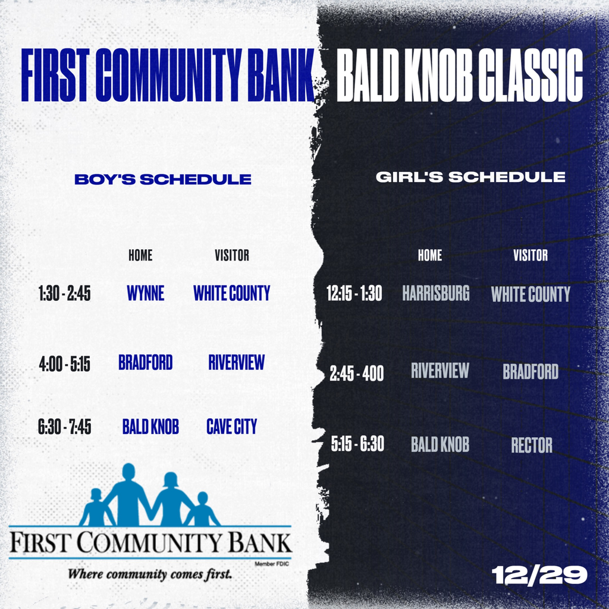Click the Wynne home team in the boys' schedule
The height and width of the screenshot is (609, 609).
(145, 293)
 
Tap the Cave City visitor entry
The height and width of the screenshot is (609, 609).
(231, 426)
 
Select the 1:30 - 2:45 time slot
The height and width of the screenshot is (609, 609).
(64, 293)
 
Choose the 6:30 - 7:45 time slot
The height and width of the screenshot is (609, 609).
(64, 427)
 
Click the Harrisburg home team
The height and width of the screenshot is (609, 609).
(435, 293)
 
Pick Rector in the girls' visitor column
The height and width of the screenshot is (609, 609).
(532, 445)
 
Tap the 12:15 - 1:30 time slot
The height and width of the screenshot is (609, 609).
(354, 293)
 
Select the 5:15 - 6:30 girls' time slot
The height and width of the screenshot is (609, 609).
(357, 444)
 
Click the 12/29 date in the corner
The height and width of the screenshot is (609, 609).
(539, 575)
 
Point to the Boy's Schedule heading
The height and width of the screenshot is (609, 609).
(162, 179)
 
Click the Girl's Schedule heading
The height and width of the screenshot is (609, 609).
(470, 177)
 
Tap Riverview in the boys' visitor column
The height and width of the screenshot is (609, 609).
(236, 363)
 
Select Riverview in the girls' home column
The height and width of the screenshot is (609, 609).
(440, 371)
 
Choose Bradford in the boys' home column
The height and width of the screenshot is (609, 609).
(145, 363)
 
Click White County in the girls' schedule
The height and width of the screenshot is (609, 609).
(530, 294)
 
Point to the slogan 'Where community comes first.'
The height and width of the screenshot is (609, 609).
(149, 575)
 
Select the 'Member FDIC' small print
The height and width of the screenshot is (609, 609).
(271, 564)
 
